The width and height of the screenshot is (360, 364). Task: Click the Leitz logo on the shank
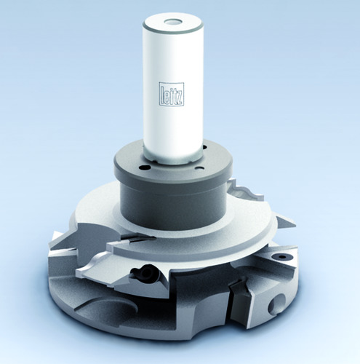coord(172,94)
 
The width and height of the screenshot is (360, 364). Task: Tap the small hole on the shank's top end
coord(172,23)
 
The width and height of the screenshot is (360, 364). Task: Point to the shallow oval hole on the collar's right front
coord(200,167)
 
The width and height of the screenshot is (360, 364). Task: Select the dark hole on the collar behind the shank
coord(206,147)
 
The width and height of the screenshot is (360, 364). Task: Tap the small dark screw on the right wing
coord(281,256)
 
